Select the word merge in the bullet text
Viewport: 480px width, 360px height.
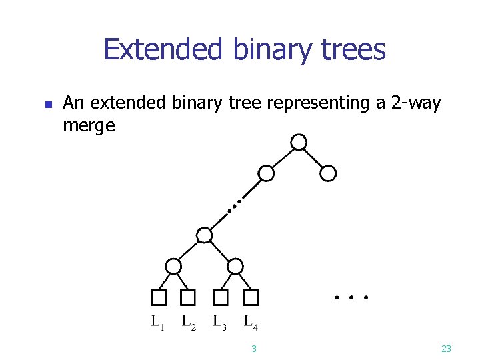click(89, 125)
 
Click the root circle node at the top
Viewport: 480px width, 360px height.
click(299, 142)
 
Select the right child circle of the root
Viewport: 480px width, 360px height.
click(328, 173)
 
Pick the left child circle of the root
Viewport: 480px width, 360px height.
click(267, 173)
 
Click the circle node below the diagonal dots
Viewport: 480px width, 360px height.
click(205, 235)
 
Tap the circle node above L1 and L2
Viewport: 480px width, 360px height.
click(173, 266)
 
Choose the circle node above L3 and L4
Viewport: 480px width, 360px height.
click(235, 266)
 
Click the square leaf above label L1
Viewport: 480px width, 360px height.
click(158, 297)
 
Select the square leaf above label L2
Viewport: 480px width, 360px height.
click(189, 297)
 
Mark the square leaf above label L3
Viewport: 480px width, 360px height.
click(220, 297)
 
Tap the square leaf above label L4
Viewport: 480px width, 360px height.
click(251, 297)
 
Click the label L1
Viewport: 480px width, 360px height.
click(157, 323)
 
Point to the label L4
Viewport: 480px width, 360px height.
click(251, 323)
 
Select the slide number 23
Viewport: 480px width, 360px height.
click(447, 349)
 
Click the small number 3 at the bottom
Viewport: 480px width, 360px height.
click(254, 349)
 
